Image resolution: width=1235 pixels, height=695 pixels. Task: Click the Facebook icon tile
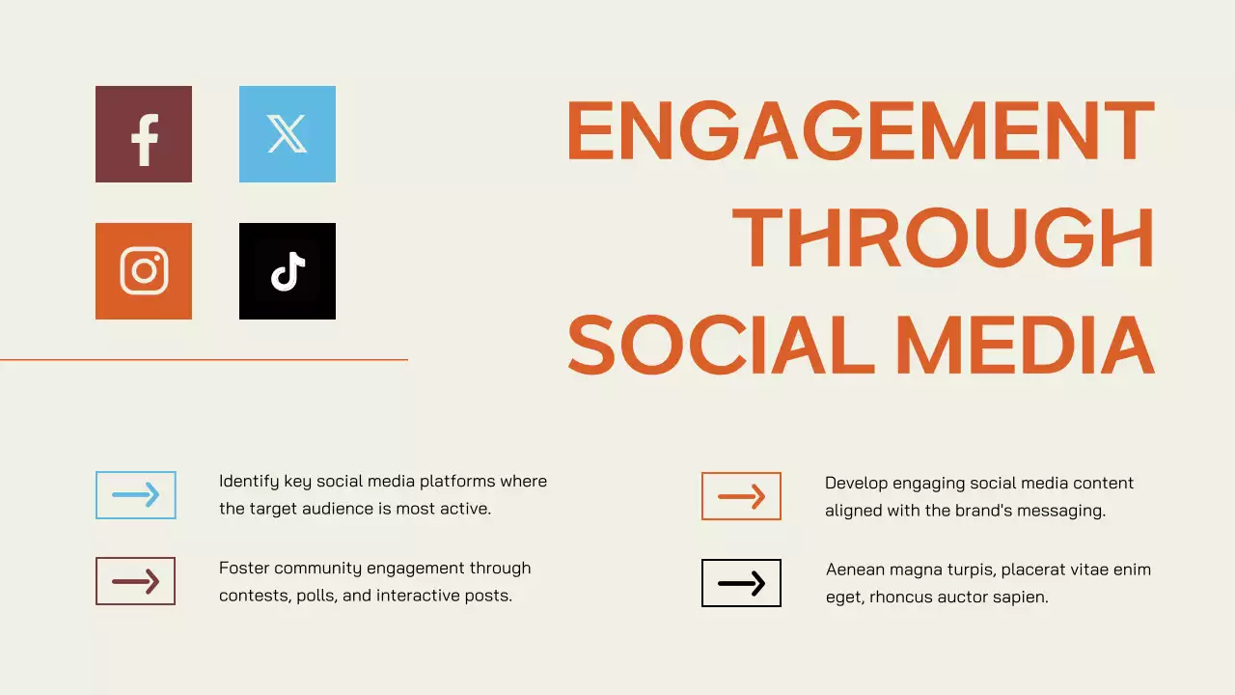(144, 134)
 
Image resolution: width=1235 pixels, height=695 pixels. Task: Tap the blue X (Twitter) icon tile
(288, 134)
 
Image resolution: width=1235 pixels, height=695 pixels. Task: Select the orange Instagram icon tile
(144, 271)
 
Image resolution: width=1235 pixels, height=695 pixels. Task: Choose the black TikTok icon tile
(288, 271)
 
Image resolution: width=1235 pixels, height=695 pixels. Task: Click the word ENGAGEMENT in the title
(860, 131)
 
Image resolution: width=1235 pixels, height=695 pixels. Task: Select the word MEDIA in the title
(1025, 345)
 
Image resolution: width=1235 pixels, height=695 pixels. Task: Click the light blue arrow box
(136, 495)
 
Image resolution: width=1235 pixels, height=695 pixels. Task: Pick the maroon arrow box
(136, 581)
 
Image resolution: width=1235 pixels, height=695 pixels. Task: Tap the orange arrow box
(741, 496)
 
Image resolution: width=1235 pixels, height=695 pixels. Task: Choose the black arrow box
(741, 583)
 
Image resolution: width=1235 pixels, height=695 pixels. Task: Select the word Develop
(856, 483)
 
